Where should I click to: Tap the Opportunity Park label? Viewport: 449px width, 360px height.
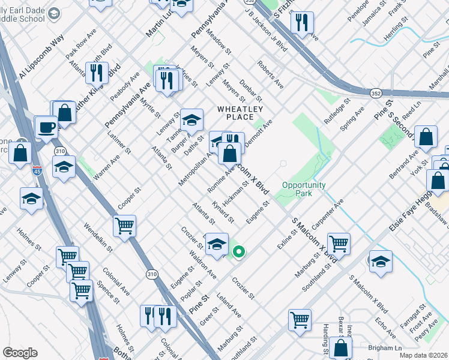[x=304, y=189]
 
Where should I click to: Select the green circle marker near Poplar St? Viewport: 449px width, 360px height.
[x=238, y=252]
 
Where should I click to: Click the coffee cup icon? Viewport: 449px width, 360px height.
[x=46, y=127]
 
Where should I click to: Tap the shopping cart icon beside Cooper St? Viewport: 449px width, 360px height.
[x=124, y=227]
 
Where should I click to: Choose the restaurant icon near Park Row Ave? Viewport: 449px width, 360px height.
[x=96, y=73]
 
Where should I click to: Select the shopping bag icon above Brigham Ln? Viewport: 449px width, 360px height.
[x=340, y=347]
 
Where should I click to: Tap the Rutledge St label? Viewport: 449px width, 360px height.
[x=339, y=112]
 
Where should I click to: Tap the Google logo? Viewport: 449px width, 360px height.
[x=20, y=353]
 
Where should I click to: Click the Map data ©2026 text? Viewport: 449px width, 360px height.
[x=424, y=355]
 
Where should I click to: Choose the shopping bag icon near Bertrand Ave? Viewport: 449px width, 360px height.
[x=426, y=137]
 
